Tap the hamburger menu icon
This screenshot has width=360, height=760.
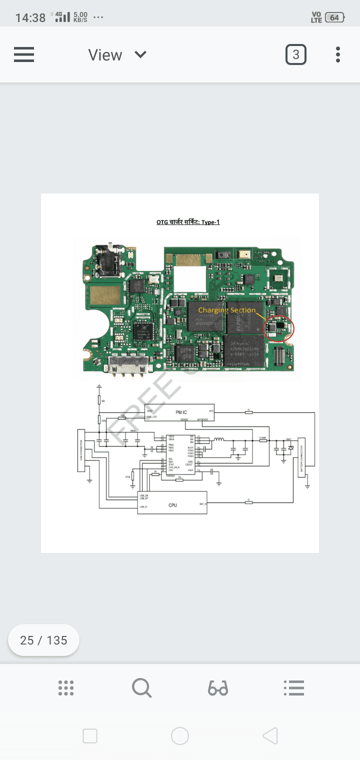tap(24, 54)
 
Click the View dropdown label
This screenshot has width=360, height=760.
tap(105, 55)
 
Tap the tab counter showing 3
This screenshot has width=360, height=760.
tap(295, 54)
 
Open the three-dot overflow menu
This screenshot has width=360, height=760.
tap(338, 54)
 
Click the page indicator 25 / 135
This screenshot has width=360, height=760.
tap(43, 640)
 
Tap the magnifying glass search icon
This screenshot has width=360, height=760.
tap(141, 688)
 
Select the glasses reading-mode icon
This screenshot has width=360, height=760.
tap(218, 688)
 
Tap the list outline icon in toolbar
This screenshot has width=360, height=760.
tap(294, 688)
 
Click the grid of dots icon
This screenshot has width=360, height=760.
tap(66, 688)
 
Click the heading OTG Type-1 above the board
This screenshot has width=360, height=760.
tap(188, 222)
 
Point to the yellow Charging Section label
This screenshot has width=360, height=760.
tap(226, 310)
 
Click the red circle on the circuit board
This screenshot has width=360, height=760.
tap(278, 328)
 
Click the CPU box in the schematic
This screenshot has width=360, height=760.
tap(172, 505)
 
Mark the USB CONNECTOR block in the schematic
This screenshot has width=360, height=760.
tap(81, 450)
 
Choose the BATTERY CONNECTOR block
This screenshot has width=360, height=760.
tap(301, 457)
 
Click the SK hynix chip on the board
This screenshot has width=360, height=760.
tap(244, 350)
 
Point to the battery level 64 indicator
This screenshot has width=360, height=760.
tap(334, 17)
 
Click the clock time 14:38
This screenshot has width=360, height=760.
tap(30, 18)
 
